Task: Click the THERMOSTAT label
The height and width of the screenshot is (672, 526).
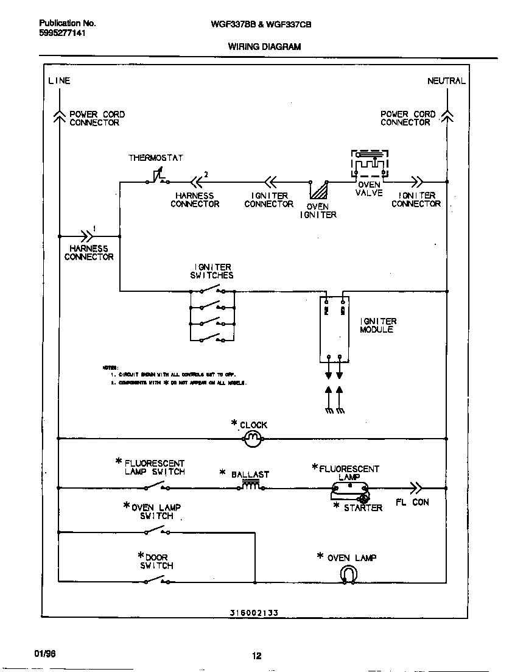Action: pyautogui.click(x=155, y=158)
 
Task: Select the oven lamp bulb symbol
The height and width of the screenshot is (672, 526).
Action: pyautogui.click(x=348, y=575)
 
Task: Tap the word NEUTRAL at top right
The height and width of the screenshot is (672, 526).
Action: pyautogui.click(x=446, y=80)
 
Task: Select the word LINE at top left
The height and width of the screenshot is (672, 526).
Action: pyautogui.click(x=59, y=80)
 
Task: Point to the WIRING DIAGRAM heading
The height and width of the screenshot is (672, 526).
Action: pyautogui.click(x=264, y=46)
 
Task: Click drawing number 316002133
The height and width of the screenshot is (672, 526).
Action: pyautogui.click(x=254, y=612)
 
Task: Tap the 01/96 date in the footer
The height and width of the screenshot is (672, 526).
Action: pyautogui.click(x=45, y=653)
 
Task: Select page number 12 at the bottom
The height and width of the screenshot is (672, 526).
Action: pyautogui.click(x=257, y=656)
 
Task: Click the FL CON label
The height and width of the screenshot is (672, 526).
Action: pyautogui.click(x=412, y=502)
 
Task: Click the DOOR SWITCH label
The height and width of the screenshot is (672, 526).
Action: pyautogui.click(x=156, y=561)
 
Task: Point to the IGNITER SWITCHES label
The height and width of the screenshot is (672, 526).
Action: pyautogui.click(x=212, y=271)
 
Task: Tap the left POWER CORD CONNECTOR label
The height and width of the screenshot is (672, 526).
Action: pyautogui.click(x=96, y=118)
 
